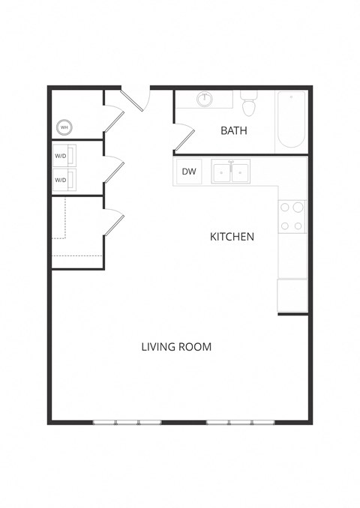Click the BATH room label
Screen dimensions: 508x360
coord(234,131)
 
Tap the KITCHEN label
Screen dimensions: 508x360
coord(232,237)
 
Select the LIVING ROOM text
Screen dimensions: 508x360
coord(176,347)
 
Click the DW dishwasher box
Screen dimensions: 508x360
coord(190,172)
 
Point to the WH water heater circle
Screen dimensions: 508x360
coord(64,127)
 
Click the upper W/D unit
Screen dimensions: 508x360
coord(62,157)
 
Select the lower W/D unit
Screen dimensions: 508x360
coord(62,180)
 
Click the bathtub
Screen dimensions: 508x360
coord(290,120)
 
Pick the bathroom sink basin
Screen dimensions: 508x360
coord(205,99)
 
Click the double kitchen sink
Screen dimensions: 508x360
coord(230,172)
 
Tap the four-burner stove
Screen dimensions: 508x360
coord(292,216)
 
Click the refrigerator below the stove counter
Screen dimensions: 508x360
coord(292,295)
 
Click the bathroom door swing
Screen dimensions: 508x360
coord(186,137)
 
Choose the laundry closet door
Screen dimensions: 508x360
coord(113,170)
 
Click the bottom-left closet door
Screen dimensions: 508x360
coord(113,223)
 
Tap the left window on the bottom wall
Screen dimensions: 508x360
coord(127,422)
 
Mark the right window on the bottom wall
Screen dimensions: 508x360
coord(241,422)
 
